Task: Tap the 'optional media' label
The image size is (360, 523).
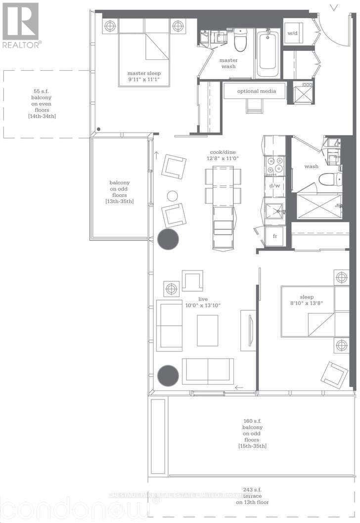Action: tap(254, 91)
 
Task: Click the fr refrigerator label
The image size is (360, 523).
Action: tap(274, 236)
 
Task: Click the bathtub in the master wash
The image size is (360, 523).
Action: tap(268, 52)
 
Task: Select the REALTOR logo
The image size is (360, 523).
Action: tap(21, 25)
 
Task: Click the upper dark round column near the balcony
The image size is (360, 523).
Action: tap(168, 239)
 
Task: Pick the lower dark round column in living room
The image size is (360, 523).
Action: tap(168, 375)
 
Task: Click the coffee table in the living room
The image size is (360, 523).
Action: tap(207, 330)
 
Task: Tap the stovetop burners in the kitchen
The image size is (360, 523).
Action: tap(274, 166)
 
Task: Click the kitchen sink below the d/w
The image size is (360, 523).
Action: tap(274, 211)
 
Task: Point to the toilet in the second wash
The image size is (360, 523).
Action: tap(328, 178)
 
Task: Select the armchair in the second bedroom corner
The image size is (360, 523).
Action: tap(334, 375)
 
